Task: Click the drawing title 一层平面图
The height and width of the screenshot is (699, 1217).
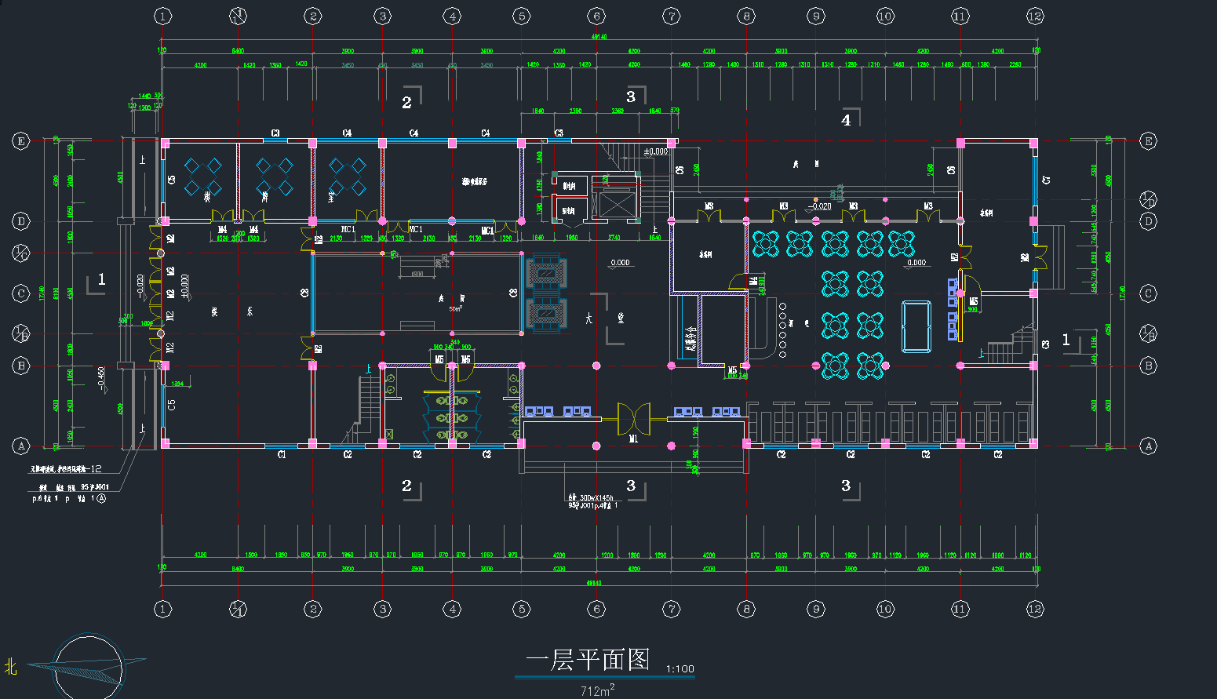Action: (x=588, y=660)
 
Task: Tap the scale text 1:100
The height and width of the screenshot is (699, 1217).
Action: (x=680, y=669)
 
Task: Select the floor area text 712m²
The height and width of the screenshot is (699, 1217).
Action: (x=597, y=690)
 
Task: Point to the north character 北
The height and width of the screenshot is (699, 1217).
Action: (x=11, y=667)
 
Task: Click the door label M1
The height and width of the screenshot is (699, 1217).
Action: (x=633, y=439)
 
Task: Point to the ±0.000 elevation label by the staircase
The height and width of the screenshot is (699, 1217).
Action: (x=656, y=151)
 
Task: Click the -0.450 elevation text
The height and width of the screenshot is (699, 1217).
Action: (x=101, y=379)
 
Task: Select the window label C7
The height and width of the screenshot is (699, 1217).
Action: (x=1046, y=180)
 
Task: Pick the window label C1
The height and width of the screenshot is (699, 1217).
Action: (x=282, y=455)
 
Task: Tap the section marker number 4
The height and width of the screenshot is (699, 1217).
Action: (x=846, y=120)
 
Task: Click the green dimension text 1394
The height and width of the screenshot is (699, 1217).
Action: (x=178, y=384)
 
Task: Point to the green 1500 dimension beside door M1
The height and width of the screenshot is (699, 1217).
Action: (x=695, y=432)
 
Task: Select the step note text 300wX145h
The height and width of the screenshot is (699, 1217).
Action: (x=596, y=498)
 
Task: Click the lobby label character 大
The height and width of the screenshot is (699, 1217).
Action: (x=589, y=319)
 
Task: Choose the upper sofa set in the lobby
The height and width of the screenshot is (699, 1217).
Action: (x=547, y=272)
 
